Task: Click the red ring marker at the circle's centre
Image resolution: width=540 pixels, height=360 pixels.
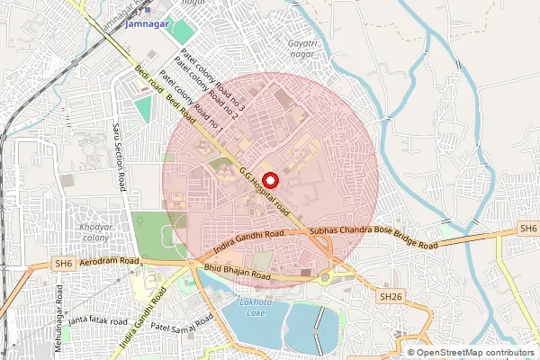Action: (268, 179)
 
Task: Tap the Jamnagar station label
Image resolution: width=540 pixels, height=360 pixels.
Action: (148, 24)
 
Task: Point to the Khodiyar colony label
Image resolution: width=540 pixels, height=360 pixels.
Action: (94, 232)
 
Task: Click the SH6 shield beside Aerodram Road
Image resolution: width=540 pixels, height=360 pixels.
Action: (62, 264)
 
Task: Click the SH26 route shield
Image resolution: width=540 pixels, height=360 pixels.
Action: (389, 296)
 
